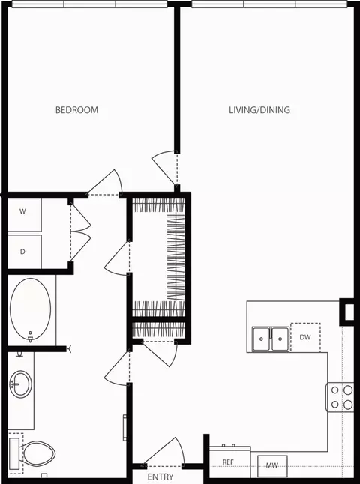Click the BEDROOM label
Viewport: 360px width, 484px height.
[76, 110]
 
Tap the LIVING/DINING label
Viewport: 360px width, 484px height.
[259, 110]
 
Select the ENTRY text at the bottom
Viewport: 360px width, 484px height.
[160, 477]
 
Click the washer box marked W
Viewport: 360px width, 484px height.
[23, 212]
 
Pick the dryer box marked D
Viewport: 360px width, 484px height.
[23, 252]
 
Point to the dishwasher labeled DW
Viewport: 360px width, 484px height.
[305, 338]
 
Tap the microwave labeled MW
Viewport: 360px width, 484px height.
[271, 466]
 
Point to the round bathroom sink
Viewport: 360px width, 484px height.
[20, 385]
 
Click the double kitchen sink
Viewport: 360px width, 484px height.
[270, 338]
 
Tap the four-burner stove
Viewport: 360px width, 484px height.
[340, 397]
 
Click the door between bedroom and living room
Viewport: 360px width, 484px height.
[166, 166]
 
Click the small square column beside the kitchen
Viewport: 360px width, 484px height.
[348, 311]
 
